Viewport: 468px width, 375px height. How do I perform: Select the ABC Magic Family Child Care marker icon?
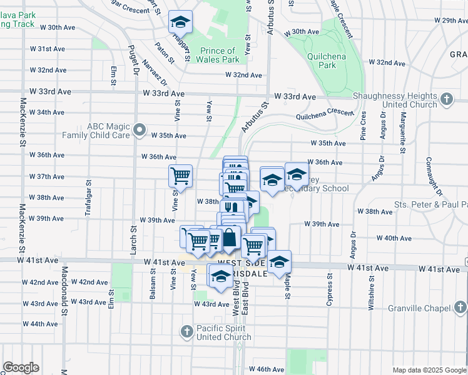(x=140, y=131)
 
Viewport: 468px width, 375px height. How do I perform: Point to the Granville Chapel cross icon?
(x=460, y=307)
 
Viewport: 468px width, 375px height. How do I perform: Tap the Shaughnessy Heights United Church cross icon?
(x=446, y=99)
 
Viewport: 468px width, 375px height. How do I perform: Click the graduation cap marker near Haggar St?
(x=180, y=23)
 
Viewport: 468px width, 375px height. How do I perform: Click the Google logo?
(x=21, y=367)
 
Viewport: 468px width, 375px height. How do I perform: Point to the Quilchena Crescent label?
(x=325, y=113)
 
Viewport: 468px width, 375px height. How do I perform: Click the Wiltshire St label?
(x=371, y=295)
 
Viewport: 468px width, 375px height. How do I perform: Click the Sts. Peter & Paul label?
(x=430, y=205)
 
